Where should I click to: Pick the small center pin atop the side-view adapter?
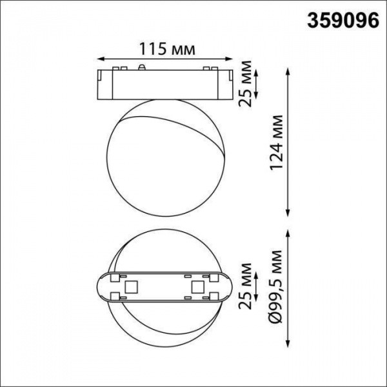(x=141, y=66)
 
